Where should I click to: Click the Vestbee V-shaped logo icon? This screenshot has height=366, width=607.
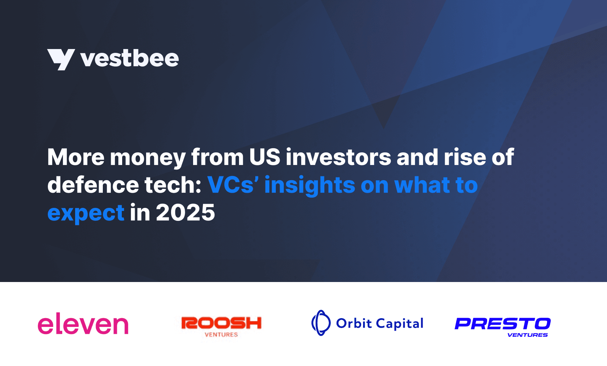click(x=61, y=59)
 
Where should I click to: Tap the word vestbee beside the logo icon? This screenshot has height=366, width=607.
click(x=129, y=59)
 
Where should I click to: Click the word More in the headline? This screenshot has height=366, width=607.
click(x=75, y=157)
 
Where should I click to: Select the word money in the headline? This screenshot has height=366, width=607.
click(x=148, y=158)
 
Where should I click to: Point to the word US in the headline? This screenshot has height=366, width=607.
click(x=264, y=157)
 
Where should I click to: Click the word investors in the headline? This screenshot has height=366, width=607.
click(x=338, y=157)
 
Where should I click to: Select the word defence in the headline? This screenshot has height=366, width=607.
click(x=93, y=185)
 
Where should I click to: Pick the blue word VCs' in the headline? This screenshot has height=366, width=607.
click(x=233, y=185)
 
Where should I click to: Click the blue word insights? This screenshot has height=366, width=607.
click(x=310, y=185)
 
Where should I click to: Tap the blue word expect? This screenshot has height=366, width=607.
click(x=86, y=213)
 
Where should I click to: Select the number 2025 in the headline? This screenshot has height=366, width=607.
click(x=185, y=212)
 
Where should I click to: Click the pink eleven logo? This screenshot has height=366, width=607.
click(x=83, y=324)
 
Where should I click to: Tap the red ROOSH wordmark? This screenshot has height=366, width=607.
click(x=222, y=323)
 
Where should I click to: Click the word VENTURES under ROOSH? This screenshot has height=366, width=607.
click(x=221, y=335)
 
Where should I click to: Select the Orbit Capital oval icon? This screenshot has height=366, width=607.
click(x=321, y=323)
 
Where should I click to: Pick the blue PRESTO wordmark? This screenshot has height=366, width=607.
click(x=503, y=324)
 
